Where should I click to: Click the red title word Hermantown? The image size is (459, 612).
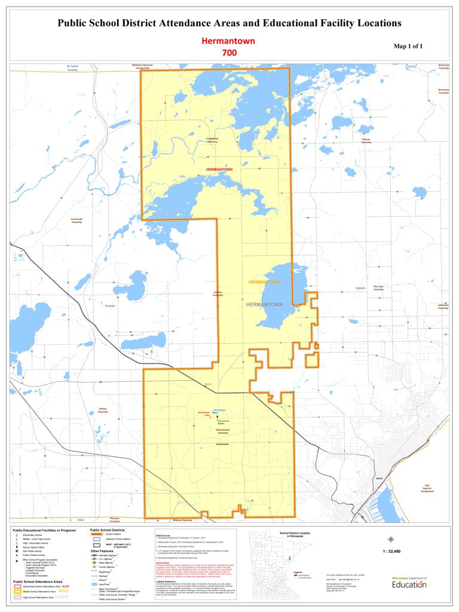229,41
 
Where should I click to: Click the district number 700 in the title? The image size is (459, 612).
229,53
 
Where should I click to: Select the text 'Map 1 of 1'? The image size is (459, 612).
409,46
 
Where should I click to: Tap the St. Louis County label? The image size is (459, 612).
72,68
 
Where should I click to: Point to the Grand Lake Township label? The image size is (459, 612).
76,221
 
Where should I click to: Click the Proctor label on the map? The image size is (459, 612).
109,305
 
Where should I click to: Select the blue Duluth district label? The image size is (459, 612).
360,288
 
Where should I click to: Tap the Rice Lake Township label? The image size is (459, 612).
378,287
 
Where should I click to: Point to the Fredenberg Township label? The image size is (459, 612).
212,140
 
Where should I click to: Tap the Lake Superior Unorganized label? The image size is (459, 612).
427,488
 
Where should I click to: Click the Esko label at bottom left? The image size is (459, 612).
72,519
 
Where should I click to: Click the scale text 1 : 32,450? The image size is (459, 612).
391,551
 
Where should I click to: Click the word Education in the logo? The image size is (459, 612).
409,584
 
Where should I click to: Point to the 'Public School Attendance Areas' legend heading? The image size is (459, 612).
38,581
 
